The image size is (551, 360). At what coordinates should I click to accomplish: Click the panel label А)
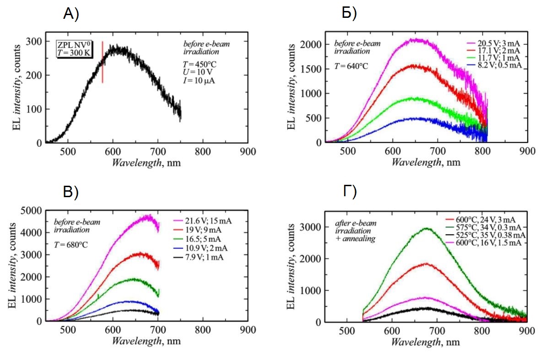71,15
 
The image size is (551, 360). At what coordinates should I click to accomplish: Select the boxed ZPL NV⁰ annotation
74,49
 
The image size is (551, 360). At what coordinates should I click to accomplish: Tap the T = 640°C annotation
351,66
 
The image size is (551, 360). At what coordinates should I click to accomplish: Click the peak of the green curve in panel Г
427,228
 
